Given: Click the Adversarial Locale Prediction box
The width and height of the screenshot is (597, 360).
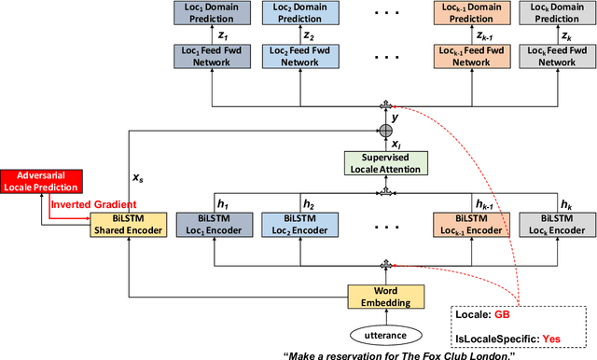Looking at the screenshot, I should (42, 181).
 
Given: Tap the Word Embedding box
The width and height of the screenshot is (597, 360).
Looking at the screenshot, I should (384, 296).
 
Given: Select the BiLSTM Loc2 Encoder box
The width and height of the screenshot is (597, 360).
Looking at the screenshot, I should (298, 225).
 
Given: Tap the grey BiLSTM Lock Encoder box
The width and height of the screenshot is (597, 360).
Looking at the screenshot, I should (556, 225).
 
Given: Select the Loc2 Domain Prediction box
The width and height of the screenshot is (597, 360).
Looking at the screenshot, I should (298, 13).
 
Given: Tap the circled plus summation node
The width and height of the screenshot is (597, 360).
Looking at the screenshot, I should (384, 130).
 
